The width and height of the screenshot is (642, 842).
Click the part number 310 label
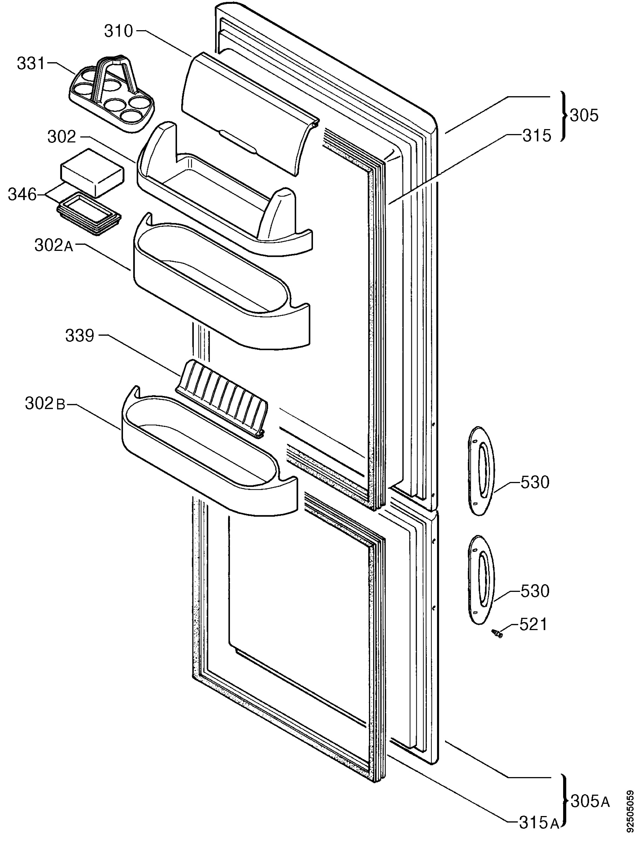point(118,31)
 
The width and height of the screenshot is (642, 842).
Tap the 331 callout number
point(31,64)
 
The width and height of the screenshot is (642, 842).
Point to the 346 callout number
point(22,195)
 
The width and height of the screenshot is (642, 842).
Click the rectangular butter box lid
point(92,173)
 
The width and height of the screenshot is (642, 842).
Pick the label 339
point(80,335)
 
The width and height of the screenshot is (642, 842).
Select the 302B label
point(46,404)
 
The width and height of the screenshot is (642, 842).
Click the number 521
point(533,625)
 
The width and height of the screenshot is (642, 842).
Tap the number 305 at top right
point(584,115)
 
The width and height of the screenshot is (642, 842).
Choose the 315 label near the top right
point(537,135)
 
